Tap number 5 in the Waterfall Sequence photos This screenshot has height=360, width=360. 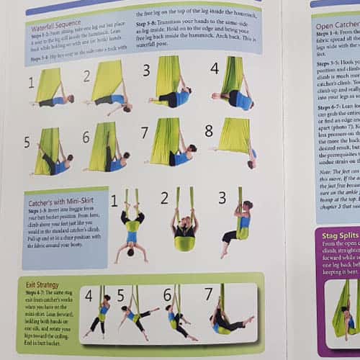[27, 142]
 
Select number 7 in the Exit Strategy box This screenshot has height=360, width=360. [208, 294]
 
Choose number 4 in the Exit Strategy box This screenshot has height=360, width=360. [89, 295]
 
